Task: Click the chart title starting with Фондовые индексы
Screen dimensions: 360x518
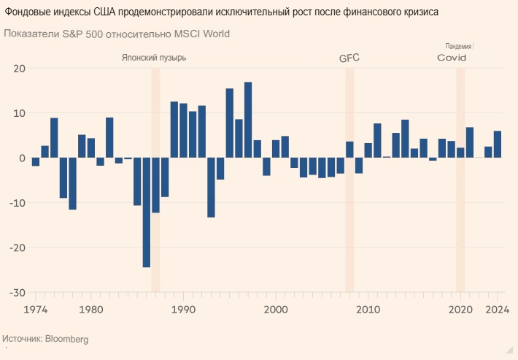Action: (x=220, y=13)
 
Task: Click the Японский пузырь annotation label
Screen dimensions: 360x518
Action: (x=154, y=58)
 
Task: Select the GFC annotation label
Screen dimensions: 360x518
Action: (x=349, y=58)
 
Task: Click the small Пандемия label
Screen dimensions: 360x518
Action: (x=458, y=46)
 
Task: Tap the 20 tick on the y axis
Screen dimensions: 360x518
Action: (x=19, y=69)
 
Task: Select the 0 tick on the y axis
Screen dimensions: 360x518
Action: (x=22, y=158)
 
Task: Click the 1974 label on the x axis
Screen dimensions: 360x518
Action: (x=35, y=310)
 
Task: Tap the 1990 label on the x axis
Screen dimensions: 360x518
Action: (x=183, y=310)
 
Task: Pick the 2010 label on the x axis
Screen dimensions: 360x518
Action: (x=368, y=310)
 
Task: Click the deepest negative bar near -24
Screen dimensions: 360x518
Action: (x=146, y=212)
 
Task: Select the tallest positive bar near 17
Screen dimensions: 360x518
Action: (x=248, y=120)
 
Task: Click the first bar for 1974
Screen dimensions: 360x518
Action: (x=35, y=161)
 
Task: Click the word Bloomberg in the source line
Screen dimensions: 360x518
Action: (x=66, y=340)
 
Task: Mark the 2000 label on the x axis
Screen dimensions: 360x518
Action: (x=276, y=310)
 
